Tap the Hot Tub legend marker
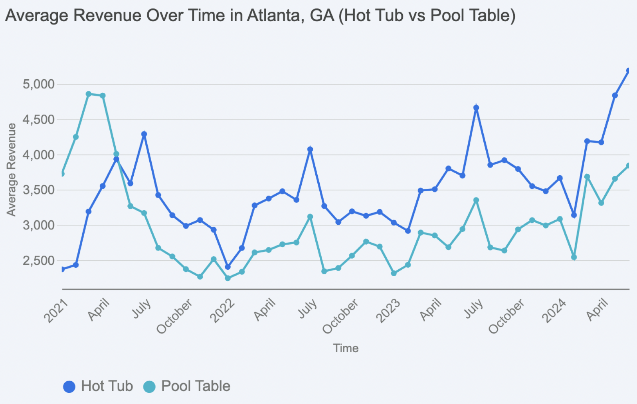click(x=69, y=386)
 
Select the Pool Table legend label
click(x=196, y=386)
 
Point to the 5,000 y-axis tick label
click(x=39, y=84)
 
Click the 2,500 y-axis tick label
click(x=39, y=261)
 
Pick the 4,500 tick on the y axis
click(x=39, y=120)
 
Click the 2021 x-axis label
click(x=56, y=311)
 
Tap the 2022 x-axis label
click(x=222, y=311)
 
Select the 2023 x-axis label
click(x=388, y=311)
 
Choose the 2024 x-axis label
click(x=554, y=311)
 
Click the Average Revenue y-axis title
click(x=11, y=170)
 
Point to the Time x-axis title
click(x=346, y=348)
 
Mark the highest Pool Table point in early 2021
click(x=89, y=94)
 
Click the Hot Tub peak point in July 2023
click(x=476, y=108)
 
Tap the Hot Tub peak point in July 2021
click(x=144, y=134)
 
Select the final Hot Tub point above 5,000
click(x=629, y=71)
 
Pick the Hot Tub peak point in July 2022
click(x=310, y=149)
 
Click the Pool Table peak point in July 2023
click(x=476, y=200)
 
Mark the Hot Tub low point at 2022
click(x=228, y=267)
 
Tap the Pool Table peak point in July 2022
click(x=310, y=217)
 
